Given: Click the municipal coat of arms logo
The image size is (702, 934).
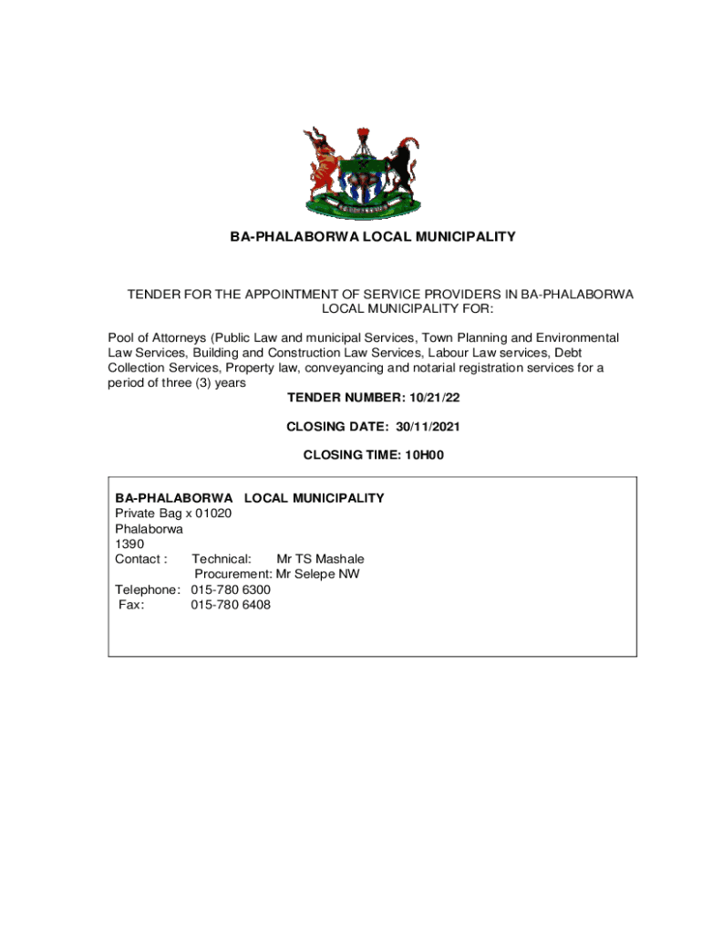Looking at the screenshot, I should (x=363, y=172).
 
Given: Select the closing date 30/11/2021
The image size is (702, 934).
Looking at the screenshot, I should (x=434, y=426).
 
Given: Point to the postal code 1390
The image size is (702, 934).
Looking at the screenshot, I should (x=129, y=544).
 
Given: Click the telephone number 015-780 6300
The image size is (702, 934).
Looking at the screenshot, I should (x=231, y=589).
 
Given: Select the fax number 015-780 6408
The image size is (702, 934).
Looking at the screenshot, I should (x=231, y=604).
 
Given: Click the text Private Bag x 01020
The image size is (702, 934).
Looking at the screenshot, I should (x=173, y=514).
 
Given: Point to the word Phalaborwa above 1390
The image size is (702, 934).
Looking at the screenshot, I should (x=149, y=529).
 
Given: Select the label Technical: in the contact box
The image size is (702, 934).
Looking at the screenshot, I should (x=222, y=558).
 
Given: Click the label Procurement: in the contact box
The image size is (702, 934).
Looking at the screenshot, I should (x=233, y=574).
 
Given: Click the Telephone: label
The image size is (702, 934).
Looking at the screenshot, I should (x=149, y=589).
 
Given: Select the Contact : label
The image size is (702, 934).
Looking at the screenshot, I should (x=140, y=558).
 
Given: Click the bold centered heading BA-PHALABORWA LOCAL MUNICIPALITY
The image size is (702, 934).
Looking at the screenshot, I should (x=372, y=237).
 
